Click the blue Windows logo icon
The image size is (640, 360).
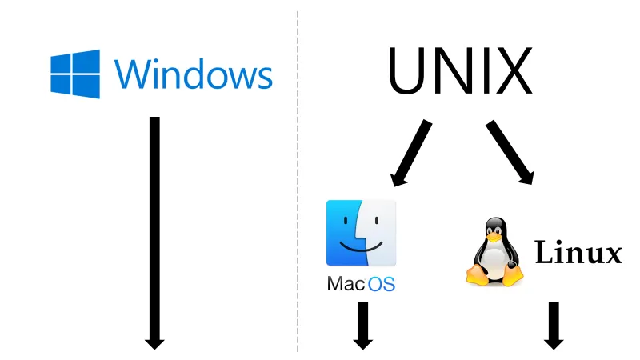pos(75,74)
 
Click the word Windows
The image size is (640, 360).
pos(193,74)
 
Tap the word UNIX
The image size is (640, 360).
pos(460,70)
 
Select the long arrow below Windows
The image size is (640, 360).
pos(154,233)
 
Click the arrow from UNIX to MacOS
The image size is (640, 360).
pos(410,153)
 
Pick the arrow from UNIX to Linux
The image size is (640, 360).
pos(510,152)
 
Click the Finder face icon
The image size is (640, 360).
pos(362,233)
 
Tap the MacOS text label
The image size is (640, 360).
pos(362,284)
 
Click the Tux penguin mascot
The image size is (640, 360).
pos(494,251)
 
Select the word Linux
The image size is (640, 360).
pos(578,252)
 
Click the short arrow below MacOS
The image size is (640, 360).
pos(363,326)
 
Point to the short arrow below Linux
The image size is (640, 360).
pos(554,326)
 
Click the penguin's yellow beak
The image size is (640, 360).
pos(494,236)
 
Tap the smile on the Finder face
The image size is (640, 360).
pos(362,246)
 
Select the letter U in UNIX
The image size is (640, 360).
pos(407,71)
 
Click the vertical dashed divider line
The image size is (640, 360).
pos(298,182)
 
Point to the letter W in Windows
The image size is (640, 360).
pos(135,74)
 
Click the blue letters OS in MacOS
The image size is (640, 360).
pos(382,284)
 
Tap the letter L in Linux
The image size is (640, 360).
pos(545,252)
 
